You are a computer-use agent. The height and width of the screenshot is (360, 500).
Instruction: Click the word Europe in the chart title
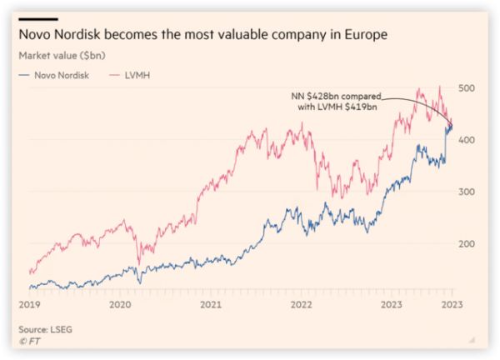point(365,36)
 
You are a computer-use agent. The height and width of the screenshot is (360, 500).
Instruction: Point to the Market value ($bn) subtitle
point(61,55)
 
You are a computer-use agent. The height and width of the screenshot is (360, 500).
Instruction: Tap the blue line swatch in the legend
point(24,75)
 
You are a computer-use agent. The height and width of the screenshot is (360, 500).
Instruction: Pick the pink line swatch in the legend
point(115,75)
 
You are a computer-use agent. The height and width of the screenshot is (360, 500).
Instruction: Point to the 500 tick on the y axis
point(467,87)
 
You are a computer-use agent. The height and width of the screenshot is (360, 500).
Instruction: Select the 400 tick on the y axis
point(467,139)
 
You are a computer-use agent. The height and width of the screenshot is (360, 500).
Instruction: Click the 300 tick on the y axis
point(467,192)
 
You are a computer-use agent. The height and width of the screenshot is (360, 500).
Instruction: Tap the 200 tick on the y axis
point(467,243)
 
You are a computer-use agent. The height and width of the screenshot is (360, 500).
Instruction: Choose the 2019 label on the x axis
point(28,305)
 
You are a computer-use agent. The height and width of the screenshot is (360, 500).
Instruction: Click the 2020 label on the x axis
point(121,305)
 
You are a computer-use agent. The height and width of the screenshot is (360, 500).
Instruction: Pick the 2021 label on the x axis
point(211,305)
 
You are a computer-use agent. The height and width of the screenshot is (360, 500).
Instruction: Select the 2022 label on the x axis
point(301,305)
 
